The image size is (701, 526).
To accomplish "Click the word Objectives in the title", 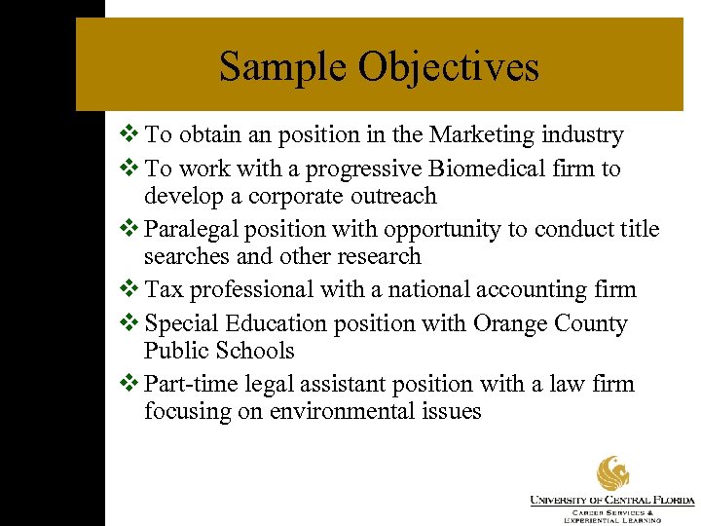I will tap(449, 67).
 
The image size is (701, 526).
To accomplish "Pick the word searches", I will tap(187, 256).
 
